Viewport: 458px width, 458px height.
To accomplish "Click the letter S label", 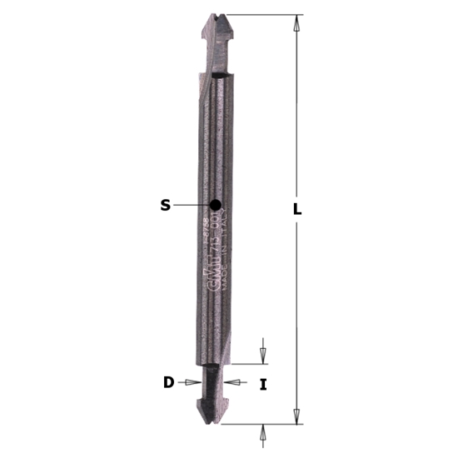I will [x=165, y=205].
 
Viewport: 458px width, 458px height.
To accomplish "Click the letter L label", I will [x=297, y=211].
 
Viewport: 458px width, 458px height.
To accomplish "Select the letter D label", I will [x=168, y=383].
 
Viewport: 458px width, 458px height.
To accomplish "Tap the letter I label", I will [x=263, y=385].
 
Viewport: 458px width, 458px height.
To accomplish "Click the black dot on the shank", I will [x=216, y=204].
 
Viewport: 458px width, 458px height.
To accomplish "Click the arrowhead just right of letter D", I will [x=194, y=383].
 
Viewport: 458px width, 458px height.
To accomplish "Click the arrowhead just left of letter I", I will [x=233, y=383].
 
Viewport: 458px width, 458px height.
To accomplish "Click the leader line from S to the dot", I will [x=192, y=204].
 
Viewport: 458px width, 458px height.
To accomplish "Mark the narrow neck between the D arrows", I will [x=214, y=382].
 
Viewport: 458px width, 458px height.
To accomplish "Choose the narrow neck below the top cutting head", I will [x=213, y=58].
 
